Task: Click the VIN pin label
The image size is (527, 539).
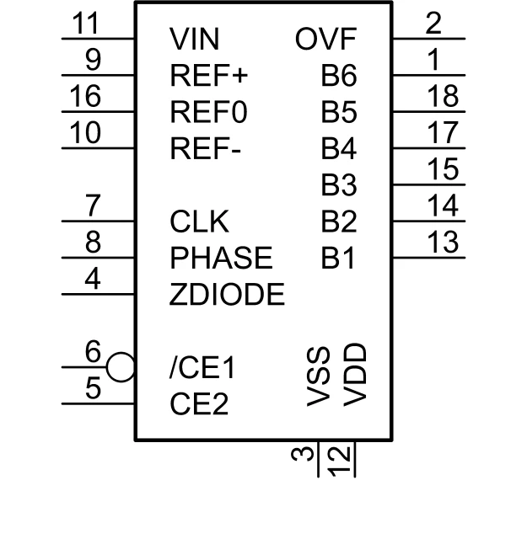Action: [x=194, y=39]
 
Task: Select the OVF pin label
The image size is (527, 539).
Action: [x=326, y=39]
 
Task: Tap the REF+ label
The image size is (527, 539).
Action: [x=209, y=76]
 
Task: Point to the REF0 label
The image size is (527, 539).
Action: [x=208, y=113]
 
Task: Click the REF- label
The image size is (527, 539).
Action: [x=206, y=150]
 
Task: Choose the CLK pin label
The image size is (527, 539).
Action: [x=199, y=222]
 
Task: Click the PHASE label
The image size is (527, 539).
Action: [x=221, y=258]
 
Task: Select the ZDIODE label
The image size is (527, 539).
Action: [x=227, y=295]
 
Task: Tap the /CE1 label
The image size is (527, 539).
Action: [x=202, y=368]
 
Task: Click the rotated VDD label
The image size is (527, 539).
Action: [x=356, y=374]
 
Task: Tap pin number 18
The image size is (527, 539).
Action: [x=443, y=96]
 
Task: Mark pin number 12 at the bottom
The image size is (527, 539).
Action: [x=340, y=460]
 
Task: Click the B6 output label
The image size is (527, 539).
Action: [x=339, y=76]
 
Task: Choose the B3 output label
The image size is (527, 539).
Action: [x=339, y=185]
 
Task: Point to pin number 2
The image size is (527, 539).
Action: [x=433, y=24]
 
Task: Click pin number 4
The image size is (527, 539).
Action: [x=94, y=280]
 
